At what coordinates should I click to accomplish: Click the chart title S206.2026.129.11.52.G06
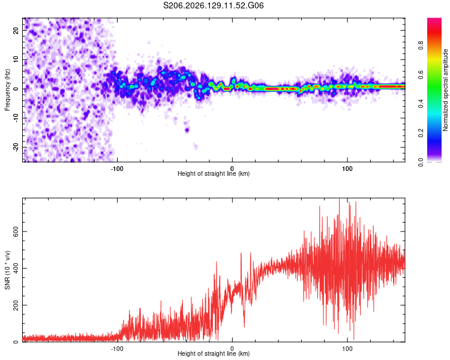(213, 5)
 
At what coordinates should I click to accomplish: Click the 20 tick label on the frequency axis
(16, 30)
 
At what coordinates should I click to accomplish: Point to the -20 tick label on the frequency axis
(16, 147)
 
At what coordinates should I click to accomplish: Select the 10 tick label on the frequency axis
(16, 59)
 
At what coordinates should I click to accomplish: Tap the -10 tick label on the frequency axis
(16, 118)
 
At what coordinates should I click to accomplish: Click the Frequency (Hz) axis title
(7, 90)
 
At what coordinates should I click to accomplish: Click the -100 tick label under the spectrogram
(117, 169)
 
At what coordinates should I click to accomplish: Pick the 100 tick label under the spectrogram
(347, 169)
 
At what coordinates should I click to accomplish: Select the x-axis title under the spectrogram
(214, 173)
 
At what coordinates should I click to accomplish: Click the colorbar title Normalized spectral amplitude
(445, 90)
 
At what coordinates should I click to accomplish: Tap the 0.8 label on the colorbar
(421, 46)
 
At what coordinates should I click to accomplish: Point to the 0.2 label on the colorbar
(421, 133)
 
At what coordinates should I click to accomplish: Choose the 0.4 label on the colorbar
(421, 104)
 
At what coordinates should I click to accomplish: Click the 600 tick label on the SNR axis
(16, 232)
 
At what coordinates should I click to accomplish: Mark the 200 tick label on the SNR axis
(16, 305)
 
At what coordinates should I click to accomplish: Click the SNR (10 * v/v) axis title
(7, 270)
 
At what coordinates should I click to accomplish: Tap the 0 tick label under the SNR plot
(232, 349)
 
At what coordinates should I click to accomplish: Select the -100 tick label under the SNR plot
(117, 349)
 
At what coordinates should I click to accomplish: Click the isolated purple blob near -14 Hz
(187, 130)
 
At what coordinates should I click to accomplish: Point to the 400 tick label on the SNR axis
(16, 268)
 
